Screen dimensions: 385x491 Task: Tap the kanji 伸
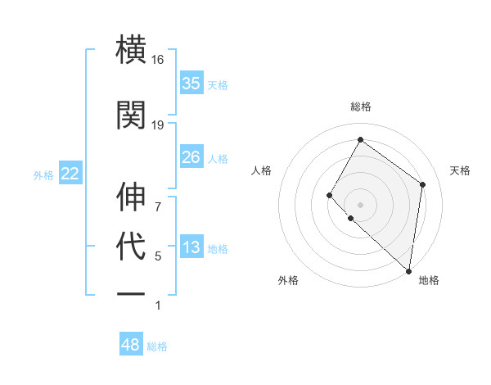point(132,197)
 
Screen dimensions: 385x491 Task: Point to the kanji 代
point(132,247)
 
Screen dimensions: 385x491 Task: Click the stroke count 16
point(158,60)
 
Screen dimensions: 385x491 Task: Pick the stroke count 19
point(158,125)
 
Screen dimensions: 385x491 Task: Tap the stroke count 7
point(158,207)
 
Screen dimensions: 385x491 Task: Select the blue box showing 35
point(191,84)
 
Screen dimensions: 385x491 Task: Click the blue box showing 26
point(191,157)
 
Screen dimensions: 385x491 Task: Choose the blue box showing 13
point(191,247)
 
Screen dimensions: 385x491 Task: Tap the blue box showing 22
point(70,174)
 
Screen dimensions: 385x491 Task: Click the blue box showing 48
point(131,345)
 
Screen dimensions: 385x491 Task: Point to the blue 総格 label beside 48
point(157,346)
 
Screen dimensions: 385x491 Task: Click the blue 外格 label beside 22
point(43,174)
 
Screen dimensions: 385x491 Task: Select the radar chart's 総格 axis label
point(360,106)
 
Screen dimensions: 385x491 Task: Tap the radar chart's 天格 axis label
point(461,170)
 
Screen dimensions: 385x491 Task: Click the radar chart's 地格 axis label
point(429,280)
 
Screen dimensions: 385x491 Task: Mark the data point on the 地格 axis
point(408,271)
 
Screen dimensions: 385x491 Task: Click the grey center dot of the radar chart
point(360,205)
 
